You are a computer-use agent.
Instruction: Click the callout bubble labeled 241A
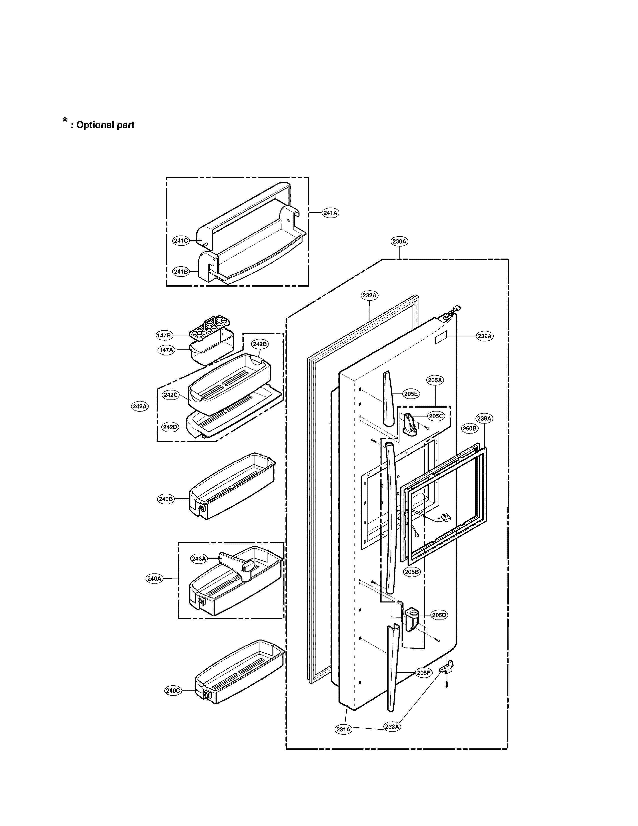(x=330, y=213)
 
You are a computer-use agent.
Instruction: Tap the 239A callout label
(x=485, y=336)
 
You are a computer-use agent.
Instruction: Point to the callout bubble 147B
(x=164, y=335)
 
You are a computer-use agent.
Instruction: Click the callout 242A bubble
(x=139, y=406)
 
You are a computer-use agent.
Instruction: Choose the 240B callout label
(x=166, y=499)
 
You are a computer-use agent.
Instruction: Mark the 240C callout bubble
(x=173, y=690)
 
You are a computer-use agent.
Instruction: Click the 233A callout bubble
(x=392, y=727)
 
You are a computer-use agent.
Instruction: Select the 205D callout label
(x=439, y=615)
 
